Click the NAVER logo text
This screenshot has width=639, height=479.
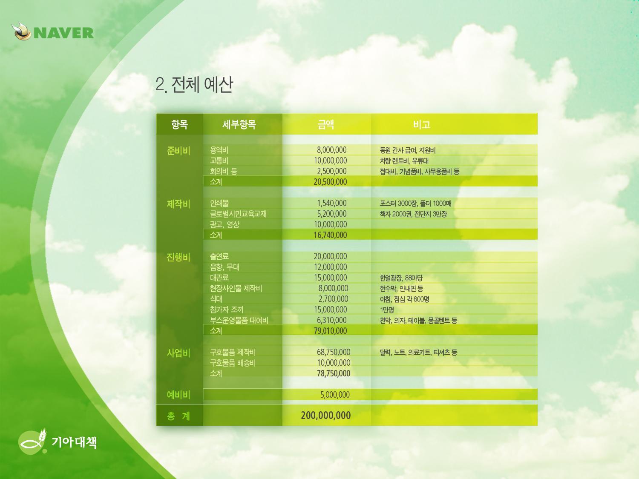click(x=64, y=33)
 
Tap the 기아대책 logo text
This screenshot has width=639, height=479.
click(x=74, y=442)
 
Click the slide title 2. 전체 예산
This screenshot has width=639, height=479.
click(x=194, y=85)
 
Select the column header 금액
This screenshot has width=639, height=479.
click(x=326, y=124)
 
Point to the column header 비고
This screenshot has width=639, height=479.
click(x=422, y=124)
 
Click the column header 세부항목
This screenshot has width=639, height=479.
click(x=239, y=124)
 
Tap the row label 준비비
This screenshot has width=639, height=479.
click(x=178, y=151)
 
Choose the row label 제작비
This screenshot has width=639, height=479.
click(x=178, y=204)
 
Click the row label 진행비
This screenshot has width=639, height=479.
click(x=178, y=257)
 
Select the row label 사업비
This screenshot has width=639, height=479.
click(x=178, y=353)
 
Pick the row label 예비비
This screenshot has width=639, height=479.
click(x=178, y=395)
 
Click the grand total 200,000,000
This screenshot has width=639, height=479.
click(x=326, y=415)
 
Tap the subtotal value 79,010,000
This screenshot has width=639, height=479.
click(x=330, y=331)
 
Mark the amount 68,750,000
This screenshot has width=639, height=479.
click(x=334, y=352)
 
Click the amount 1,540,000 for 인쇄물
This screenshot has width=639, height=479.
click(x=332, y=203)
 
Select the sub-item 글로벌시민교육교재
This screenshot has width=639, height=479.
click(x=238, y=214)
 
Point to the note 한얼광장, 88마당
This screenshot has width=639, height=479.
click(x=401, y=278)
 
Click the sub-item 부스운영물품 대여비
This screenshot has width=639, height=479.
click(x=239, y=320)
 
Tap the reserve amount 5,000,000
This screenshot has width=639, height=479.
click(x=335, y=395)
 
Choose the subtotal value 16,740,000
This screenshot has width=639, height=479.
click(x=330, y=235)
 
